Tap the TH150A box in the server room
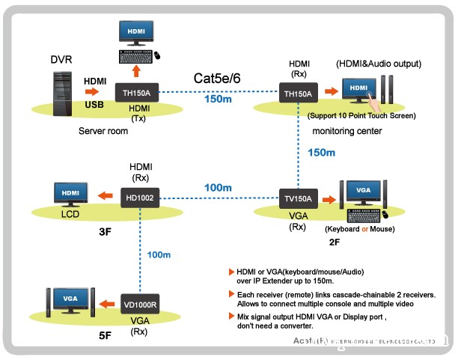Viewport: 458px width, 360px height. click(137, 93)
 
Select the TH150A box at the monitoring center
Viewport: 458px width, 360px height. click(299, 94)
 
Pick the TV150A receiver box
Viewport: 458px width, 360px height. click(299, 198)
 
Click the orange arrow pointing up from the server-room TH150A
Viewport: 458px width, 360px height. click(137, 69)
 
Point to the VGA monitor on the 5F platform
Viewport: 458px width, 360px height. click(70, 300)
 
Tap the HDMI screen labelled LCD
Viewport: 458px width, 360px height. click(71, 194)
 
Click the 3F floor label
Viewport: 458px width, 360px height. click(105, 232)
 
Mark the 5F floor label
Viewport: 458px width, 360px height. click(105, 337)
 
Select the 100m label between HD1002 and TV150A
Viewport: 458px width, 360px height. click(218, 186)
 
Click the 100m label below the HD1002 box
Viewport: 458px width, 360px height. click(159, 255)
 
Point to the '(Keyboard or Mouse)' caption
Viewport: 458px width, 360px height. click(359, 228)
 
